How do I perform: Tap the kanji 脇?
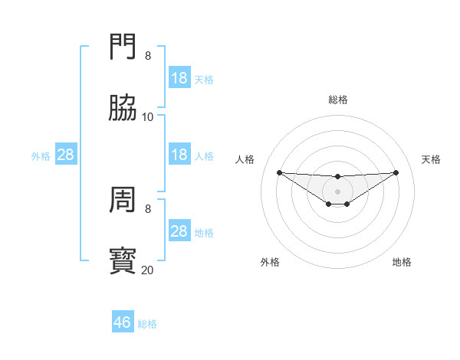[x=123, y=109]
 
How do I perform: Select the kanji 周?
[x=123, y=201]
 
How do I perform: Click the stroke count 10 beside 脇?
[x=148, y=117]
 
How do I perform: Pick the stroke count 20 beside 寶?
[x=148, y=270]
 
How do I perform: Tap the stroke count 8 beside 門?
[x=148, y=56]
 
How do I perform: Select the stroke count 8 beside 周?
[x=148, y=208]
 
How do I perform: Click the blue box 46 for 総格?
[x=123, y=322]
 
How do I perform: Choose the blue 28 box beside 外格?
[x=66, y=155]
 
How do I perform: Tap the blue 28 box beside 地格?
[x=179, y=231]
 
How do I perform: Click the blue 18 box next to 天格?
[x=179, y=78]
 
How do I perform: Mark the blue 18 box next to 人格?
[x=179, y=155]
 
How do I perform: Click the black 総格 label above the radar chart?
[x=338, y=100]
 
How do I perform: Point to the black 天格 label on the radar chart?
[x=431, y=159]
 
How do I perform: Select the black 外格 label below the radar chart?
[x=270, y=262]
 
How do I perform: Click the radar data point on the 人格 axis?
[x=280, y=172]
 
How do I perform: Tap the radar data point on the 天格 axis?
[x=396, y=172]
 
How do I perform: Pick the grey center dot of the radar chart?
[x=338, y=191]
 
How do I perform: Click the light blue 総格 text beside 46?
[x=147, y=324]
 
